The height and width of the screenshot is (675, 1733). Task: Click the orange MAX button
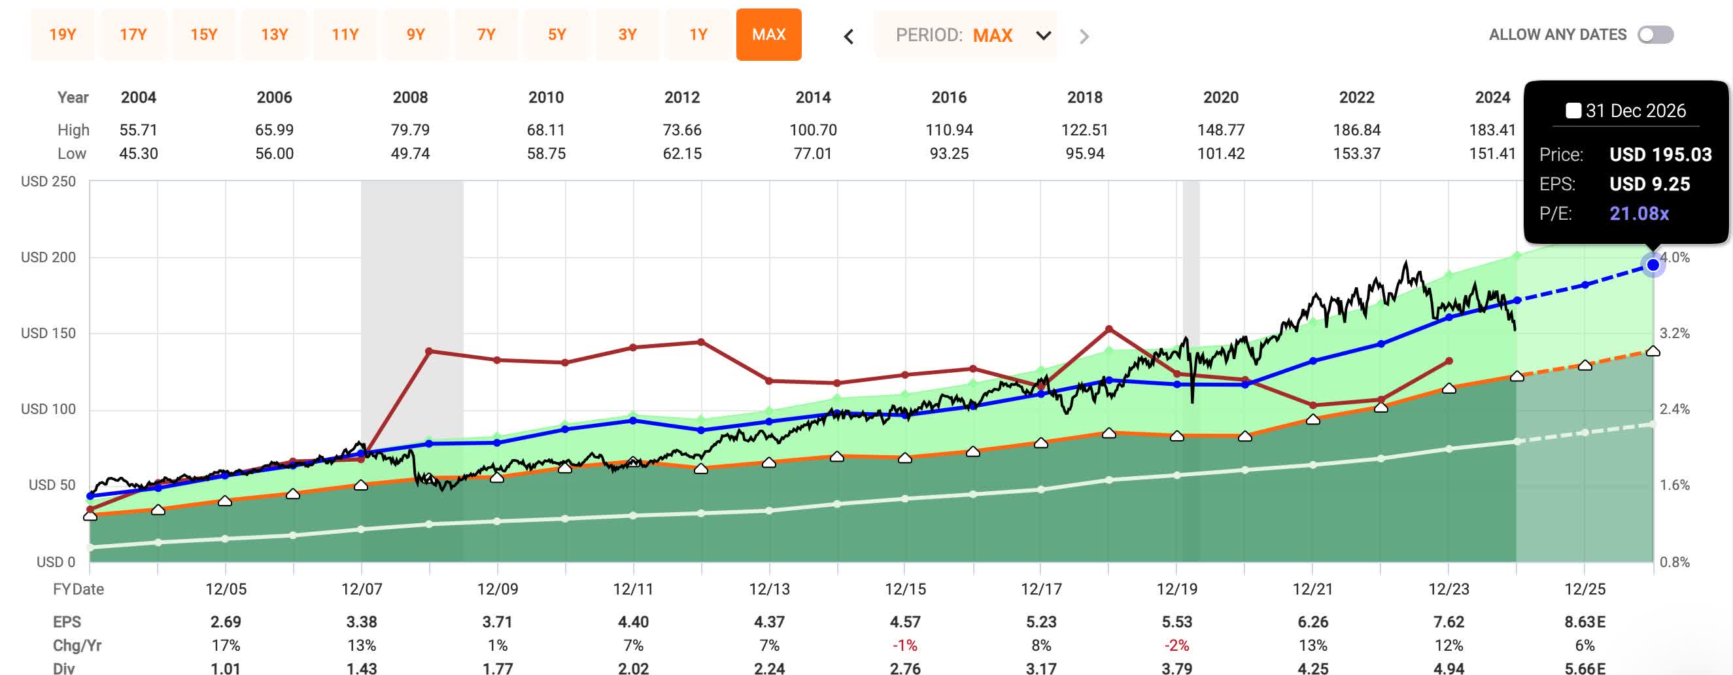point(768,34)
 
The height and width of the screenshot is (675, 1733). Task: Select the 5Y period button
point(557,34)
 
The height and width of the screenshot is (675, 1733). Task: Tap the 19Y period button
point(63,34)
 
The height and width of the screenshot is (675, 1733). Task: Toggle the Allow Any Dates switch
point(1655,34)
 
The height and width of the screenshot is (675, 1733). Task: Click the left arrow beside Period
point(849,37)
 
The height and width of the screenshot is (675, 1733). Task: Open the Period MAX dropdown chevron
point(1043,36)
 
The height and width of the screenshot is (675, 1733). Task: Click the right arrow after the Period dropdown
point(1083,37)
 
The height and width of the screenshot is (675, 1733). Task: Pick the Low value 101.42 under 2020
point(1220,154)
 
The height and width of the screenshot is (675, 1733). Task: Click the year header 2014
point(813,97)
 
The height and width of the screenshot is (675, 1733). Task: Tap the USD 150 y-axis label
point(48,333)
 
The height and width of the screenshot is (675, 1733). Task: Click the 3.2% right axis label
point(1673,333)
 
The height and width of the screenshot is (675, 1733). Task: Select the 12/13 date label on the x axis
point(769,589)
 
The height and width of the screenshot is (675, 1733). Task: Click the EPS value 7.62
point(1449,622)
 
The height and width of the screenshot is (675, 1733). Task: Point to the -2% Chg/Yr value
point(1176,646)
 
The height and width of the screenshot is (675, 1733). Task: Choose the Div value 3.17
point(1040,668)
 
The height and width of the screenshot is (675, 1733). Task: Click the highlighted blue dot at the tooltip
point(1653,265)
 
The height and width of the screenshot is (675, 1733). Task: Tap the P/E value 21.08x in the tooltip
point(1639,213)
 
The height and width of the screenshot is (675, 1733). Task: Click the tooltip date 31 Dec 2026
point(1635,111)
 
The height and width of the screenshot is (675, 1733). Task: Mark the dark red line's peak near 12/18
point(1108,329)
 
